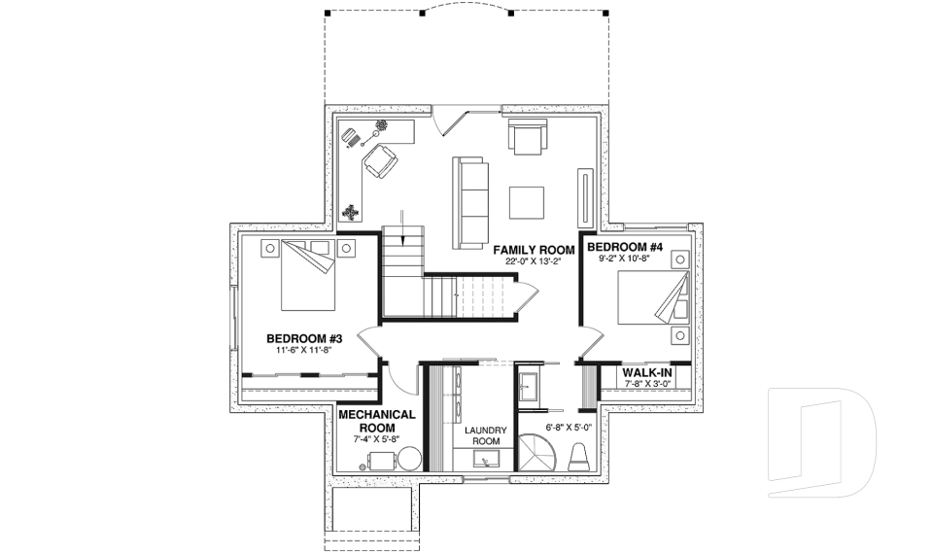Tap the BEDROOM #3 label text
point(302,338)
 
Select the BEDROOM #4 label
point(625,246)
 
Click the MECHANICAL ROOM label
point(377,421)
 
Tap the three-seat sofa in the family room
point(470,202)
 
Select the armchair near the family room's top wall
point(527,137)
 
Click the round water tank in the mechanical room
point(409,458)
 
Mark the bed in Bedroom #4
point(652,295)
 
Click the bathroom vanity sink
point(530,387)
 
